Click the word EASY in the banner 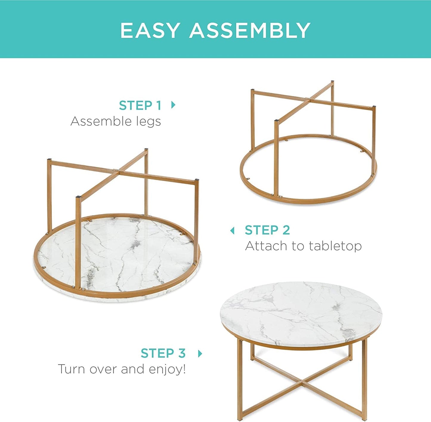point(150,30)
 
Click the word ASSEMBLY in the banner point(250,30)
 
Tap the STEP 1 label point(140,105)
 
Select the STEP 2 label point(267,230)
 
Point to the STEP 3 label point(163,353)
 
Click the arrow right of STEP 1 point(173,105)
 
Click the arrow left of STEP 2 point(232,230)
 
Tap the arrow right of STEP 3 point(200,353)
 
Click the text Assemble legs point(116,121)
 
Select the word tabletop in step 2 point(335,246)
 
